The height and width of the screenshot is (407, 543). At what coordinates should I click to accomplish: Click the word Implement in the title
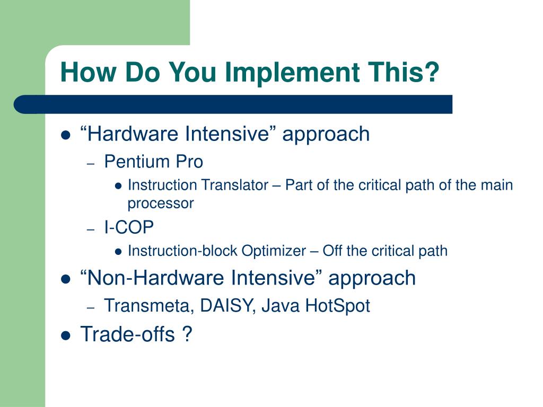coord(292,73)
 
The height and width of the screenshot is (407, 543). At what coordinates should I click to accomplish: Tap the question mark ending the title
coord(431,72)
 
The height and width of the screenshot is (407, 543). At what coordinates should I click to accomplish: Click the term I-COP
coord(129,227)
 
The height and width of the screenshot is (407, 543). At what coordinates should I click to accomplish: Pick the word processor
coord(161,203)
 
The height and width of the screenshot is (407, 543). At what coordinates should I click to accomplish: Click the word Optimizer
coord(274,251)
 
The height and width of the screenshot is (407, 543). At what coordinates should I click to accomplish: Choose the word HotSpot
coord(337,306)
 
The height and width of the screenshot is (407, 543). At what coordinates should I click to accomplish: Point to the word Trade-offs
coord(127,334)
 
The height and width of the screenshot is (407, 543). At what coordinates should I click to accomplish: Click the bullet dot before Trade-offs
coord(65,335)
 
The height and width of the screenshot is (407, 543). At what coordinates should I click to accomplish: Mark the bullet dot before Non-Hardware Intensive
coord(65,279)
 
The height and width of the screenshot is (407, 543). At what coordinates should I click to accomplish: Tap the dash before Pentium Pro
coord(91,164)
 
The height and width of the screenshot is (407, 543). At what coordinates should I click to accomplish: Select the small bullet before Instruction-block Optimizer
coord(118,252)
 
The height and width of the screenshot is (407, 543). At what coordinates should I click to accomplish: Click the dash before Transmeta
coord(91,308)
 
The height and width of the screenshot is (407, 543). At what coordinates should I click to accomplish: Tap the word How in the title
coord(89,72)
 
